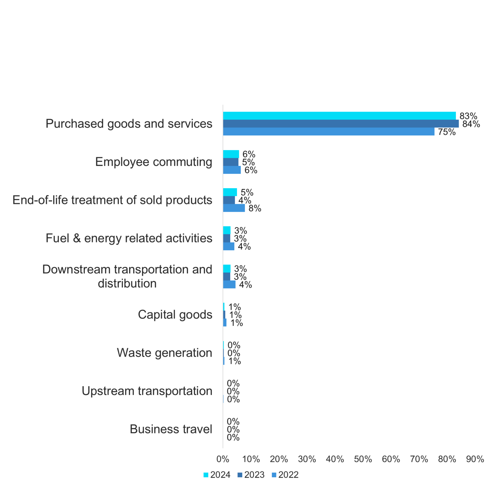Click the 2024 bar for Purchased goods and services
(x=339, y=116)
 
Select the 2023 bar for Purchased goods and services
(x=341, y=124)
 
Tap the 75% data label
(x=447, y=132)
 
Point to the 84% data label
(x=471, y=124)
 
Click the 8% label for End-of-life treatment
(x=255, y=208)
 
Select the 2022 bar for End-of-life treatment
(x=234, y=208)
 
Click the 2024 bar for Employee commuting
(x=231, y=154)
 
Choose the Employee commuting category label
(x=154, y=162)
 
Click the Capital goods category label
(x=175, y=314)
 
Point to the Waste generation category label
(x=164, y=353)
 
